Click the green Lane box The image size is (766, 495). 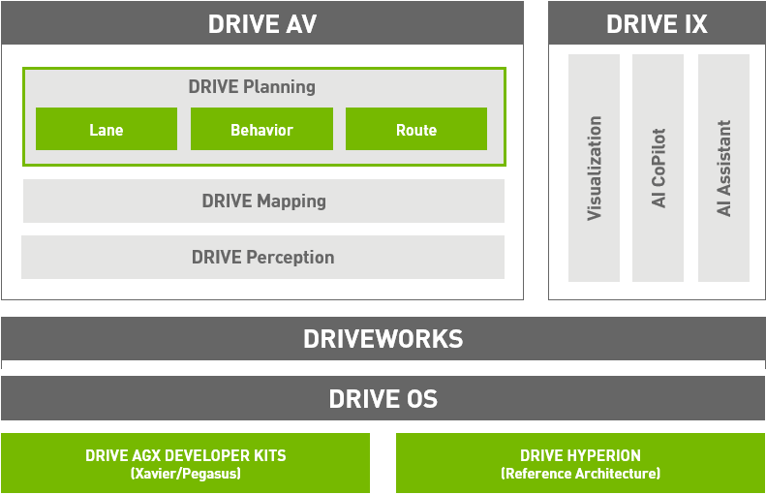pyautogui.click(x=107, y=129)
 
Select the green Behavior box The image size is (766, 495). pyautogui.click(x=261, y=129)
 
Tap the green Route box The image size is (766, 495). pyautogui.click(x=416, y=129)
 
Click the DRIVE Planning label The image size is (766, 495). pyautogui.click(x=252, y=87)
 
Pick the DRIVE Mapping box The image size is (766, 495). pyautogui.click(x=263, y=201)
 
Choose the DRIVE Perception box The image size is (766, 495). pyautogui.click(x=262, y=257)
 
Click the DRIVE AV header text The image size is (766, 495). pyautogui.click(x=262, y=24)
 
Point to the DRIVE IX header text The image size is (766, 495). pyautogui.click(x=657, y=24)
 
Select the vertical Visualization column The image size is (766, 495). pyautogui.click(x=594, y=168)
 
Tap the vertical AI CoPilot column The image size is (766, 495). pyautogui.click(x=659, y=168)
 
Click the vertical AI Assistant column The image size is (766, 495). pyautogui.click(x=723, y=168)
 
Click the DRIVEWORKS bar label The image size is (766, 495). pyautogui.click(x=383, y=339)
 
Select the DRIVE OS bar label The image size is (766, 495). pyautogui.click(x=383, y=399)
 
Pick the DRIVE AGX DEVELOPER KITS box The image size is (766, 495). pyautogui.click(x=185, y=463)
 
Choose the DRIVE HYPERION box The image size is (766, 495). pyautogui.click(x=580, y=463)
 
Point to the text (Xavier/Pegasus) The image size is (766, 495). pyautogui.click(x=186, y=474)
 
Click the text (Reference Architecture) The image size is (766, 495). pyautogui.click(x=580, y=474)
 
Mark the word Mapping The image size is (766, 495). pyautogui.click(x=291, y=201)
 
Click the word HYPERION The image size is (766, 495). pyautogui.click(x=604, y=455)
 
